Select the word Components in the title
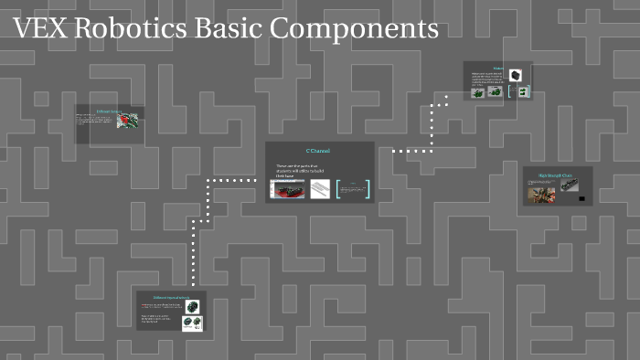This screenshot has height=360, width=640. pos(356,30)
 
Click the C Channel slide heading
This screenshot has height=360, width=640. pos(318,151)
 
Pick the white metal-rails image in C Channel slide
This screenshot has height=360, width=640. pos(319,189)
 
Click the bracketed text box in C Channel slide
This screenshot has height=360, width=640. pos(353,189)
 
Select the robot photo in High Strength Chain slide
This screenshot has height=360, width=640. pos(541,194)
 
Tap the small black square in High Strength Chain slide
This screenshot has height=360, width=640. pos(581,198)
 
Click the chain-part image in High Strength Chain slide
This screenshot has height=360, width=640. pos(569,185)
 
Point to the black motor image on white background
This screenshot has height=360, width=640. pos(517,74)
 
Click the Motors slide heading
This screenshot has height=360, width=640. pos(498,68)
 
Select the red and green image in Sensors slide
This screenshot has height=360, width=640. pos(128,120)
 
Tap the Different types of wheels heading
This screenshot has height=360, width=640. pos(170,298)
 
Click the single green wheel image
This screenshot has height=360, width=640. pos(193,307)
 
